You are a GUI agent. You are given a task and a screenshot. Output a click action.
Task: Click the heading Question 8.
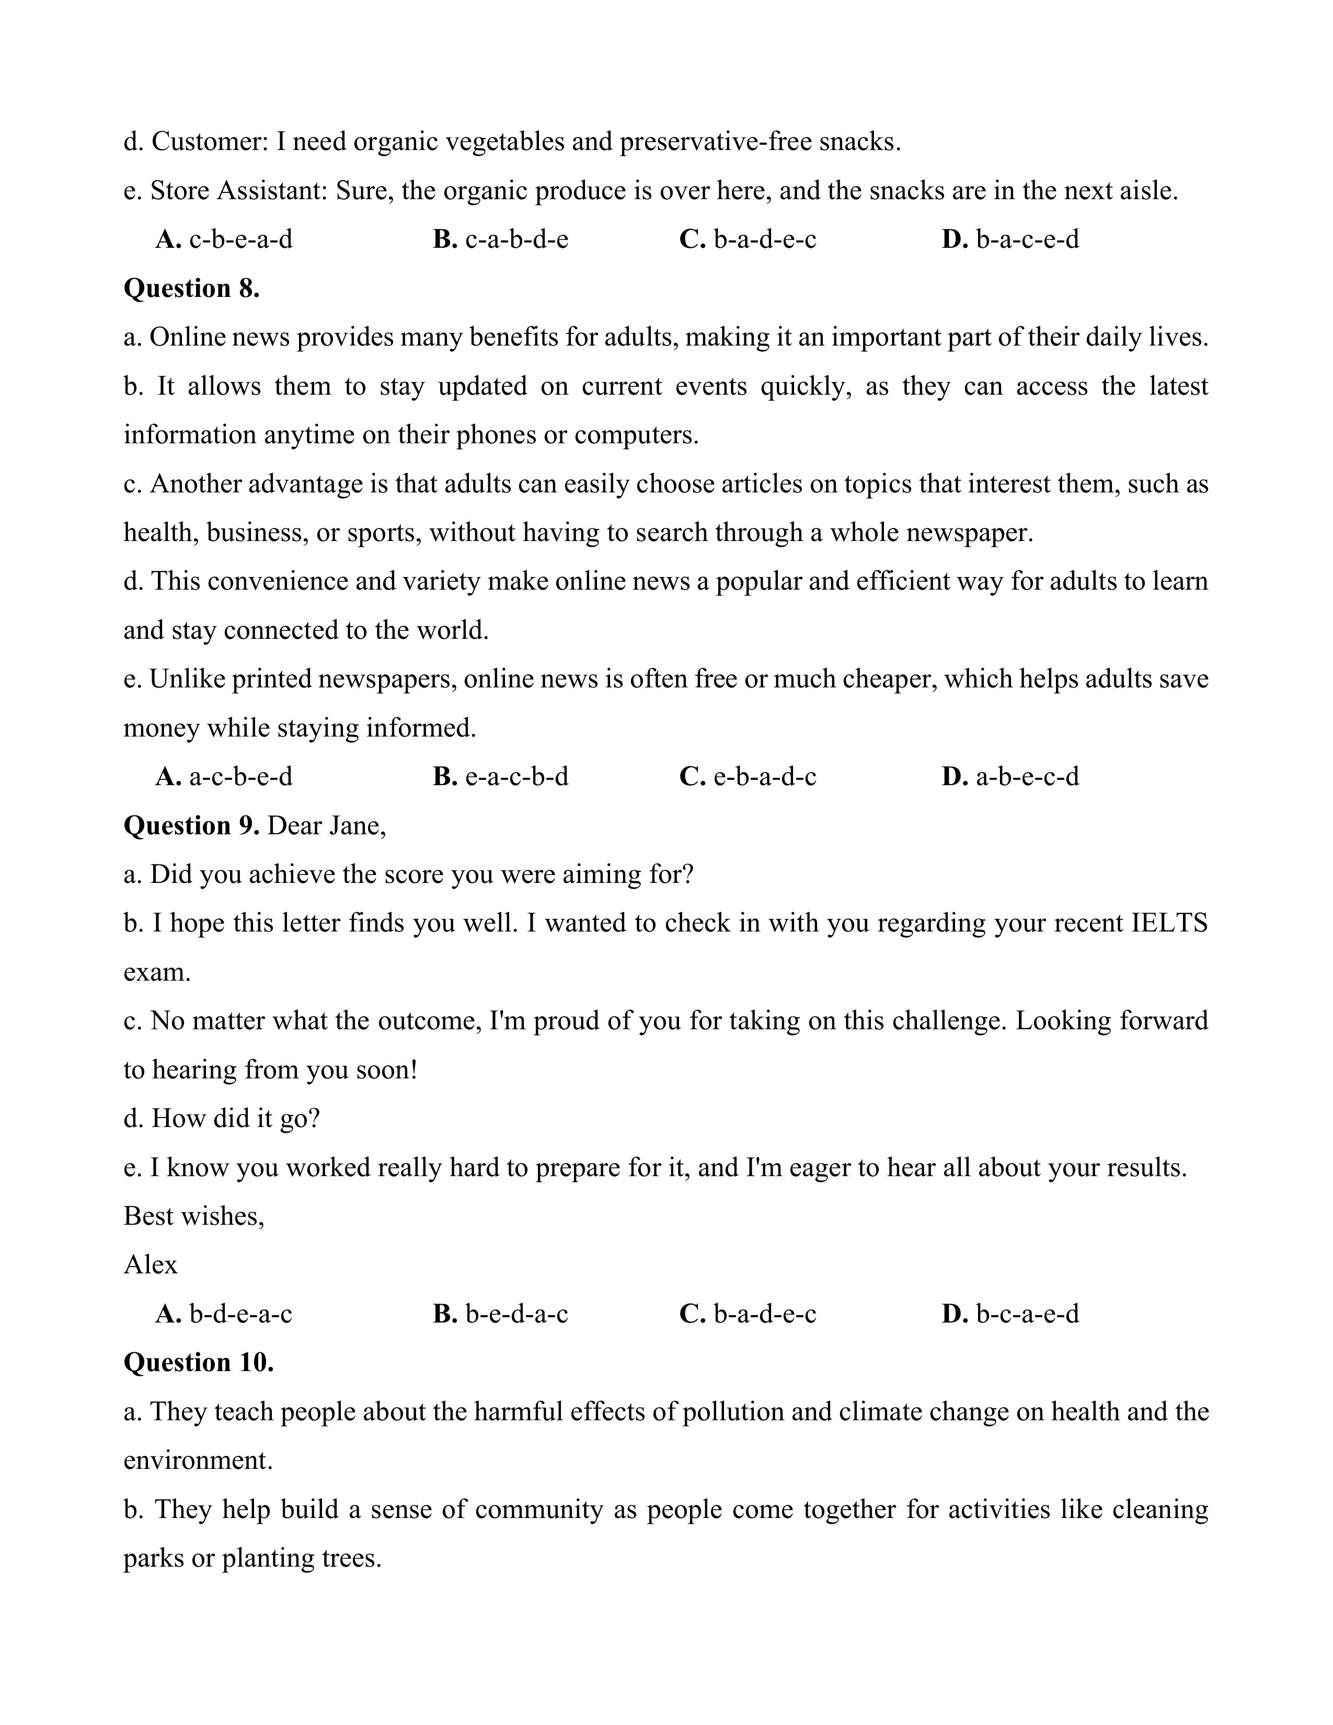pyautogui.click(x=191, y=289)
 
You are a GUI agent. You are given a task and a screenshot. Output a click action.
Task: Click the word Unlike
pyautogui.click(x=187, y=678)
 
